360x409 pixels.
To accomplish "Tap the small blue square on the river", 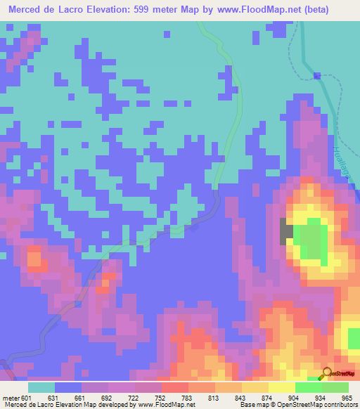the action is pos(317,75).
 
